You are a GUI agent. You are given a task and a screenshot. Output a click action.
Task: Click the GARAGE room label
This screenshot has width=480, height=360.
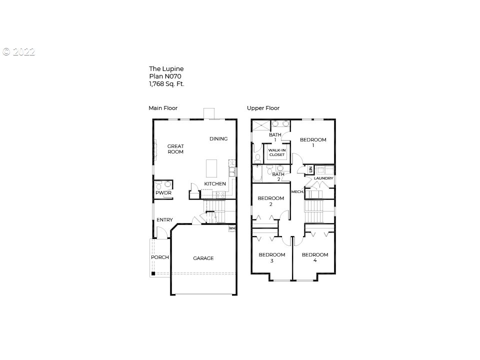[x=203, y=258]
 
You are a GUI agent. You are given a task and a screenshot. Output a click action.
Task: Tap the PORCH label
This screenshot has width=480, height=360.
[x=160, y=257]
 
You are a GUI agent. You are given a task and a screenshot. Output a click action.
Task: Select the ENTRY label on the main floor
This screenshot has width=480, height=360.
[x=164, y=220]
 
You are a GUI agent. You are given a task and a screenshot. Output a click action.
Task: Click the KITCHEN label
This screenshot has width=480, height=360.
[x=215, y=184]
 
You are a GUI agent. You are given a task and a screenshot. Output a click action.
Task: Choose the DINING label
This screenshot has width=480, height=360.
[x=218, y=139]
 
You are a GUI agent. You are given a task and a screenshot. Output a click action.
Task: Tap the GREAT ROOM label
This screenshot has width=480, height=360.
[x=175, y=149]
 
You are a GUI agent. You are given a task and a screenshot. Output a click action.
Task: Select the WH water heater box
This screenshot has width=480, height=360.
[x=232, y=228]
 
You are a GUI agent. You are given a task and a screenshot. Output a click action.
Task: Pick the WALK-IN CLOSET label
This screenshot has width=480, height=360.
[x=276, y=152]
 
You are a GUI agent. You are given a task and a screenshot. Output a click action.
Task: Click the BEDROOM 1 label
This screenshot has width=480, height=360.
[x=313, y=142]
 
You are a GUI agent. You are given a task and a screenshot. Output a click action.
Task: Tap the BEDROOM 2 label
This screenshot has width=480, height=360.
[x=270, y=201]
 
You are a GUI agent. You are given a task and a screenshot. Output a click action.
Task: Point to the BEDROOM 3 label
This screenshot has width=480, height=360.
[x=271, y=257]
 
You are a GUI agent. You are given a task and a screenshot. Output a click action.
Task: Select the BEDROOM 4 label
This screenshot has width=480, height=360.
[x=314, y=257]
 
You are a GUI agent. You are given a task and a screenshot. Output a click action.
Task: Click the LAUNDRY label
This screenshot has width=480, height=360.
[x=323, y=178]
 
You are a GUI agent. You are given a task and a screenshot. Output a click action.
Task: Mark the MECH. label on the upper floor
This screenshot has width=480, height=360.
[x=298, y=191]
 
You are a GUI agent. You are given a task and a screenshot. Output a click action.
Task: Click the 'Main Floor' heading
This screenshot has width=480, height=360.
[x=163, y=108]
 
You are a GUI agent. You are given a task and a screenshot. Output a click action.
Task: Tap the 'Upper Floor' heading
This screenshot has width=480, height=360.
[x=263, y=108]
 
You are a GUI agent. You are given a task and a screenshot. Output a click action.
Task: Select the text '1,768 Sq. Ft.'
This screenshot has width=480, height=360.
[x=166, y=84]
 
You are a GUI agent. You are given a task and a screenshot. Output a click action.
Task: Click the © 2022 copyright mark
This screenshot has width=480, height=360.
[x=19, y=52]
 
